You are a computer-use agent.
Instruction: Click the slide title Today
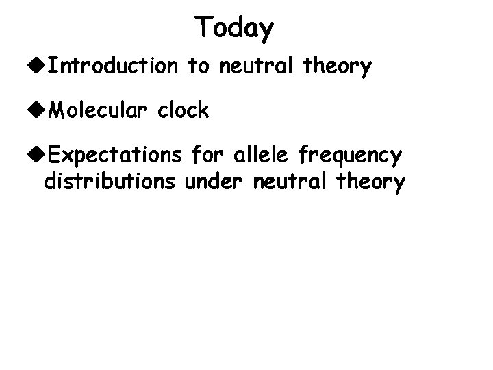[234, 29]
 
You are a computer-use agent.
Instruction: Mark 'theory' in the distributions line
[367, 184]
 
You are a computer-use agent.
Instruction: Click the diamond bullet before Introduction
[40, 66]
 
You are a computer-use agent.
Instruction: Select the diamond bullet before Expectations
[40, 156]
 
